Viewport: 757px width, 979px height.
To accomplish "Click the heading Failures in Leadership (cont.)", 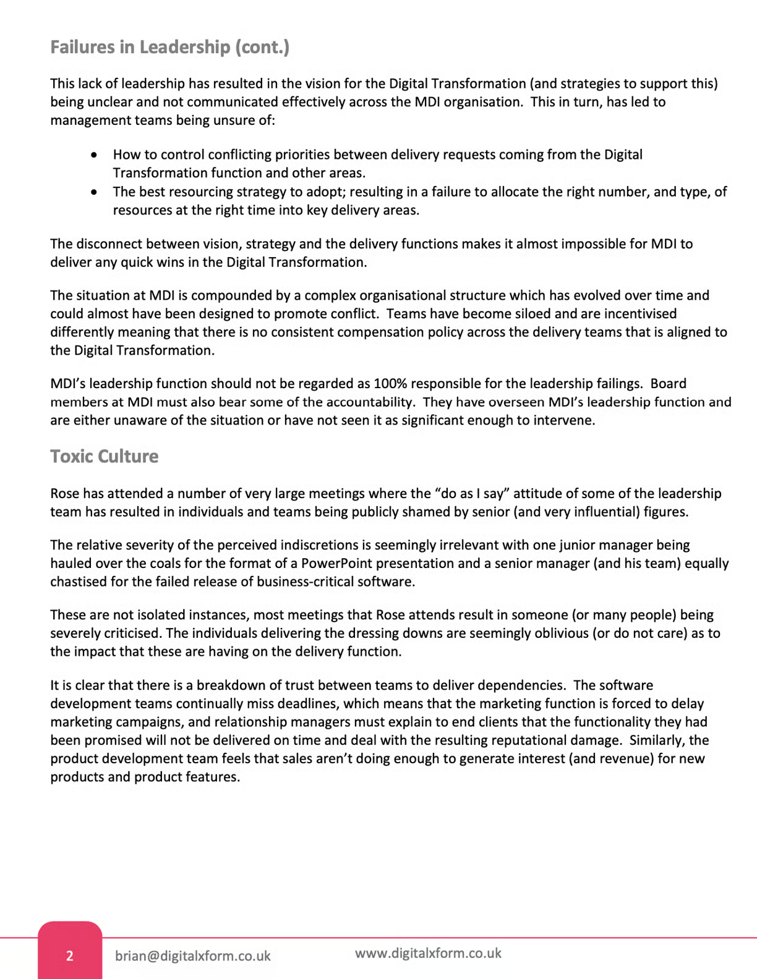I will coord(169,48).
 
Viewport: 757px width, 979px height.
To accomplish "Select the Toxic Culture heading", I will coord(104,457).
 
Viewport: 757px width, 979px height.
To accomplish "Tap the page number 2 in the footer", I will coord(70,956).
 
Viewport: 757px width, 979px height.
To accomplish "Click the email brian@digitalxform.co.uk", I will coord(192,956).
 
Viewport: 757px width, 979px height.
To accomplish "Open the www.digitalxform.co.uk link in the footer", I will coord(428,953).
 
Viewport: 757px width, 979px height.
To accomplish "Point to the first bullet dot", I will coord(94,155).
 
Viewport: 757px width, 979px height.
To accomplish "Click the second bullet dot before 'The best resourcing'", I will coord(94,192).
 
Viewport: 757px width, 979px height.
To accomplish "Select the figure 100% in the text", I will coord(390,384).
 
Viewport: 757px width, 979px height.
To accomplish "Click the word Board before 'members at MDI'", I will coord(669,384).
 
